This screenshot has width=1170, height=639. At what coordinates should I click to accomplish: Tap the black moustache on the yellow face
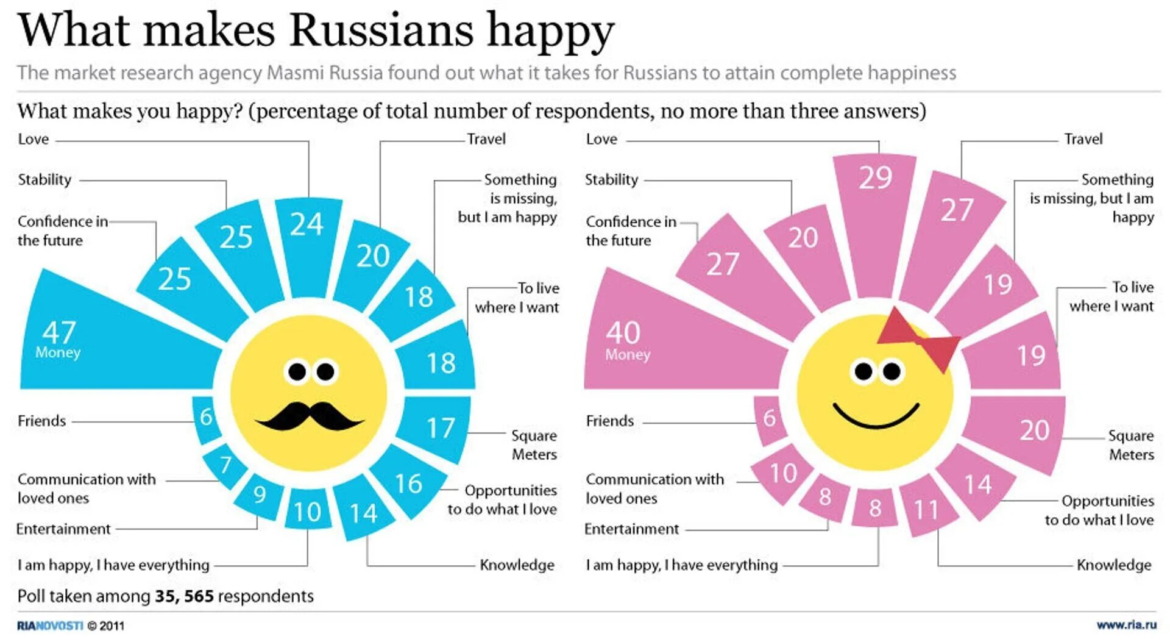point(309,417)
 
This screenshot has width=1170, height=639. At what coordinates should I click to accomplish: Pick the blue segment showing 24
point(307,244)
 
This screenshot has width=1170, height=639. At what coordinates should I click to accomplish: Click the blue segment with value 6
point(207,418)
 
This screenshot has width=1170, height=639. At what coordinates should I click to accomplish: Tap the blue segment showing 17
point(438,428)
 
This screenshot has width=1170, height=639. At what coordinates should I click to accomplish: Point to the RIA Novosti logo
point(50,626)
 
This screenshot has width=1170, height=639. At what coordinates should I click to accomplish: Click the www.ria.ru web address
point(1126,625)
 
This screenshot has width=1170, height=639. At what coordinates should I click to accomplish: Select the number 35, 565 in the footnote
point(183,596)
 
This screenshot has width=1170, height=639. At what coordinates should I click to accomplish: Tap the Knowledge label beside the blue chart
point(517,565)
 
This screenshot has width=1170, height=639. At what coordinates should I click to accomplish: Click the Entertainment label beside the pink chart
point(631,529)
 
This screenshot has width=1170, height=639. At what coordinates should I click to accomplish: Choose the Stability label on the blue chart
point(44,179)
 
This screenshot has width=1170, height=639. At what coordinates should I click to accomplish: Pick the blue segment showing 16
point(408,483)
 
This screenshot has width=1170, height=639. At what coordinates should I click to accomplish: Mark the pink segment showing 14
point(977,485)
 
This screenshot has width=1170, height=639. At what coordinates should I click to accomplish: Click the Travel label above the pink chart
point(1083,139)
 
